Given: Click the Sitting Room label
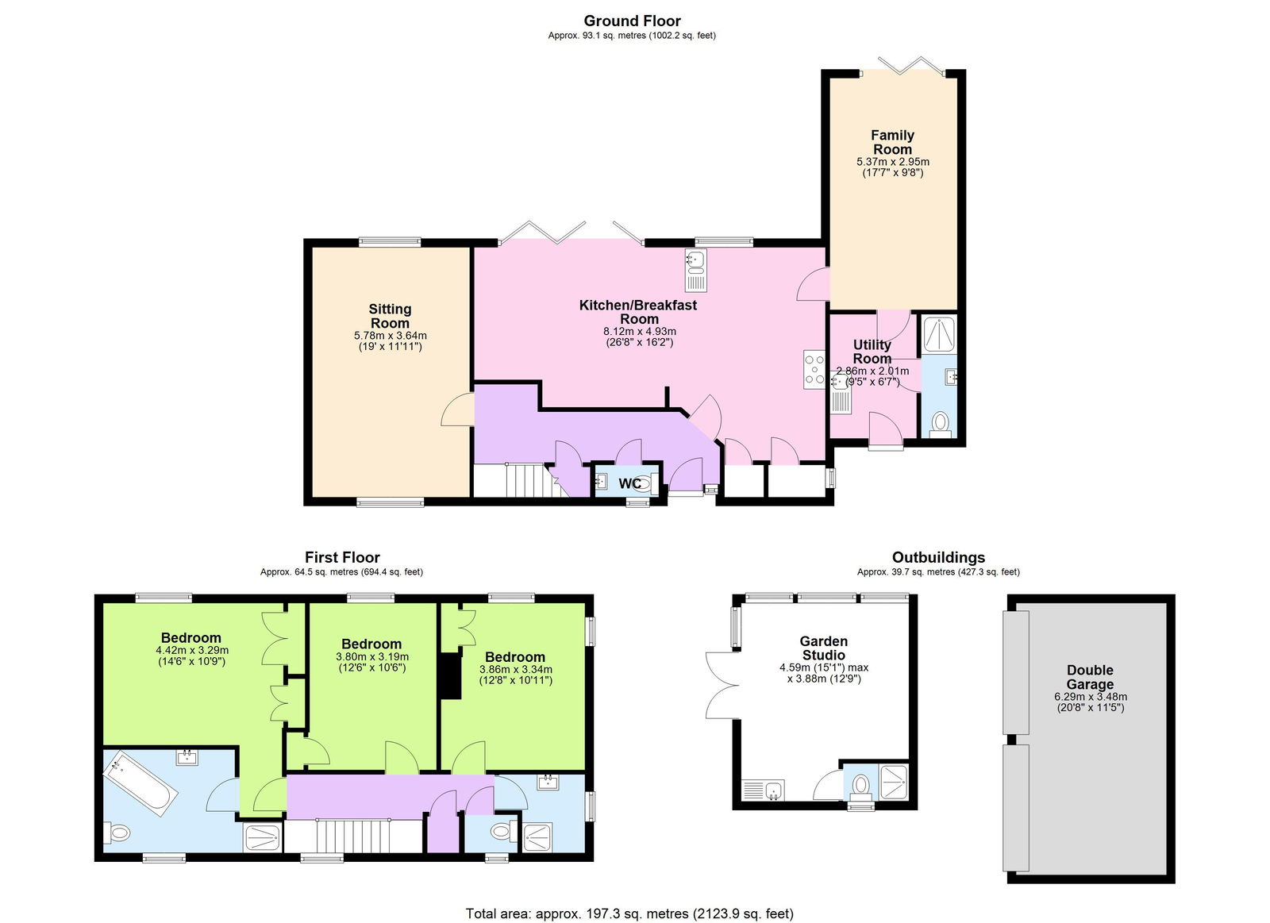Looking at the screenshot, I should [x=390, y=316].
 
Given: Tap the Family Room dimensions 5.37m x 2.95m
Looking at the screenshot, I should [x=892, y=162].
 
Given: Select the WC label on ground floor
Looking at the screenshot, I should [x=629, y=483].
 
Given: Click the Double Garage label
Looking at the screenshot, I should [x=1090, y=677].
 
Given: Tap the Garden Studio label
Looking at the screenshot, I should [x=823, y=648].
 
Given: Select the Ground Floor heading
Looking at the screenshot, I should [x=632, y=21].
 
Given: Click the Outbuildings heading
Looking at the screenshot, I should [x=938, y=557].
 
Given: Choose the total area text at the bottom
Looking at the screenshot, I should [x=629, y=913].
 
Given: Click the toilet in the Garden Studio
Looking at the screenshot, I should [x=860, y=785].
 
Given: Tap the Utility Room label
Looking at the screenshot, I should [x=872, y=351].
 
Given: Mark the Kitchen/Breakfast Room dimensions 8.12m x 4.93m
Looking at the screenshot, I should [x=639, y=332].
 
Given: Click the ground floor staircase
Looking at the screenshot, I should [x=524, y=480].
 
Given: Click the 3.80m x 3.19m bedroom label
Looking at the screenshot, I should [x=371, y=644].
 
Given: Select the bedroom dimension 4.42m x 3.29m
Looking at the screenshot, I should [x=191, y=650].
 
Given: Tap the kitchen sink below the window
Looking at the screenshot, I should [x=695, y=271].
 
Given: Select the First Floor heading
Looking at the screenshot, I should [x=342, y=557].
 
